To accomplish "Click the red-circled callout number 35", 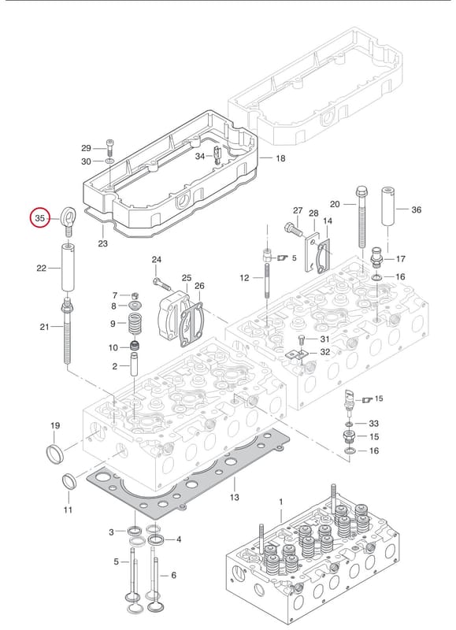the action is tap(40, 218).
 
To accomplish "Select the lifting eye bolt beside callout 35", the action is tap(69, 220).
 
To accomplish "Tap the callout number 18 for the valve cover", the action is tap(280, 158).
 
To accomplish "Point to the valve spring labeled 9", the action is tap(135, 324).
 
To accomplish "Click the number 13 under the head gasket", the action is tap(234, 497).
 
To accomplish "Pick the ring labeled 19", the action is tap(55, 454).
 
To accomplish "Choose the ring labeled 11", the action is tap(69, 482).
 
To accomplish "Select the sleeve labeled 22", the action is tap(68, 267).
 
